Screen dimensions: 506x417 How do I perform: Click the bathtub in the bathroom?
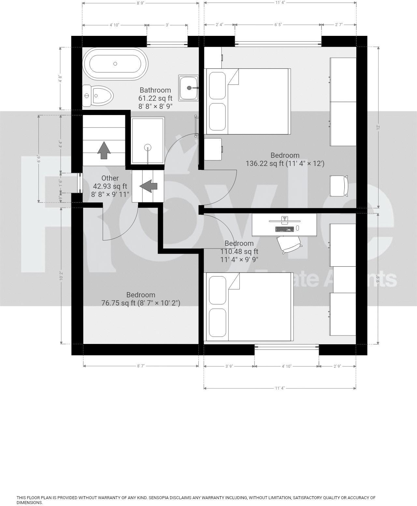click(x=115, y=64)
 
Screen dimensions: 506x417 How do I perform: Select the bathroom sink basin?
click(x=188, y=87)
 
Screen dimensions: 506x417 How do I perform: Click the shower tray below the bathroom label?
click(x=148, y=141)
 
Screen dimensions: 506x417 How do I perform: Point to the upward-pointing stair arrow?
click(x=104, y=150)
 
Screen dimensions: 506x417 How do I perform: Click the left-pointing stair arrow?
click(x=149, y=186)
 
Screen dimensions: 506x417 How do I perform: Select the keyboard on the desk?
click(x=284, y=229)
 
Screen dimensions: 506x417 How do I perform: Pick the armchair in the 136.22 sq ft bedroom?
click(x=339, y=186)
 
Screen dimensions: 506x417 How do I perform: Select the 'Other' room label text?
click(x=110, y=178)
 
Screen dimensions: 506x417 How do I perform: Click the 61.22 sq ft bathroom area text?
click(x=155, y=98)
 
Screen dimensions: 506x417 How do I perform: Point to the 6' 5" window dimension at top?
click(x=278, y=24)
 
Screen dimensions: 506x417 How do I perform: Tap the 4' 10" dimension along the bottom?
click(x=286, y=366)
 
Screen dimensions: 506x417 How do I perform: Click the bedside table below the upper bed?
click(x=213, y=149)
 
